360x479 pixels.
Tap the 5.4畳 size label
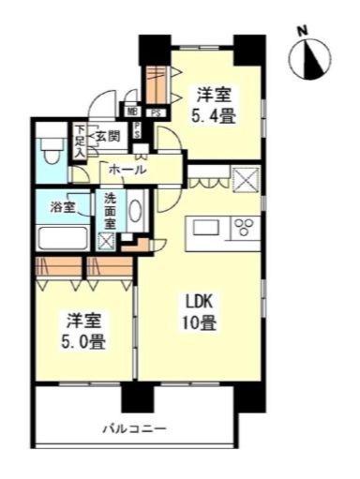(213, 115)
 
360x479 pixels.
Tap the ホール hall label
(127, 170)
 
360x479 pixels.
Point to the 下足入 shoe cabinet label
(81, 142)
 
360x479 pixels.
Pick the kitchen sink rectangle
(205, 228)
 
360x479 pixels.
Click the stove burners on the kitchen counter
(245, 228)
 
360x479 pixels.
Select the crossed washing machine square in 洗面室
(107, 240)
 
